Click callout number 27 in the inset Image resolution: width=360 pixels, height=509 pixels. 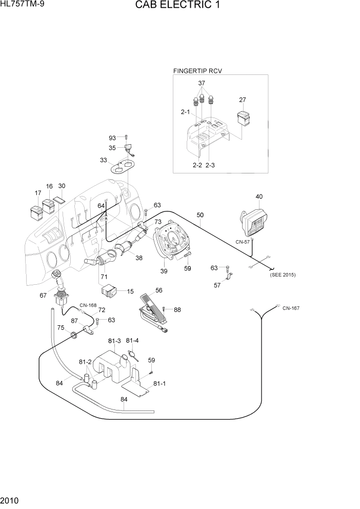(x=243, y=101)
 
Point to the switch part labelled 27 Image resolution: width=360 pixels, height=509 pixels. (x=244, y=119)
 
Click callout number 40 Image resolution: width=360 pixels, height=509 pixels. (x=259, y=197)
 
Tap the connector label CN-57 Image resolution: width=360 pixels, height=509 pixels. (x=242, y=241)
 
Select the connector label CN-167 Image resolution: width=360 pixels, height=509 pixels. (x=291, y=308)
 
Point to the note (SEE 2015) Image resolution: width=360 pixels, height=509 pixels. (x=283, y=275)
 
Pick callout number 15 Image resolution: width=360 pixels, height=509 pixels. (x=130, y=291)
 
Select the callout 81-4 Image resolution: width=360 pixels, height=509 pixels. (x=132, y=340)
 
